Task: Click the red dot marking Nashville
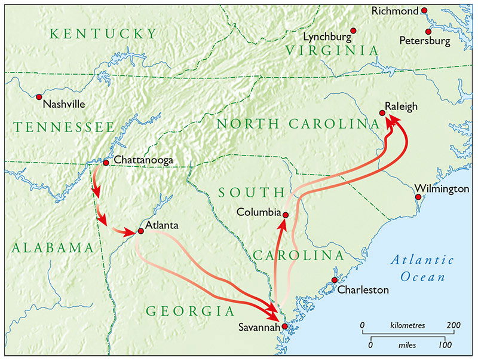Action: tap(39, 96)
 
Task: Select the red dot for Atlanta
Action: tap(140, 230)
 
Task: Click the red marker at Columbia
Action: tap(286, 215)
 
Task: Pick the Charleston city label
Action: tap(363, 290)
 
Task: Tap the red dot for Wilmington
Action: tap(418, 197)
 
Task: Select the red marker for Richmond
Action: tap(424, 10)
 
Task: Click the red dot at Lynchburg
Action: tap(353, 30)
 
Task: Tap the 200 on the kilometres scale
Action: tap(454, 325)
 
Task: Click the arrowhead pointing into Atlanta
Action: tap(130, 231)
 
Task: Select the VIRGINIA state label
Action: tap(332, 50)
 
